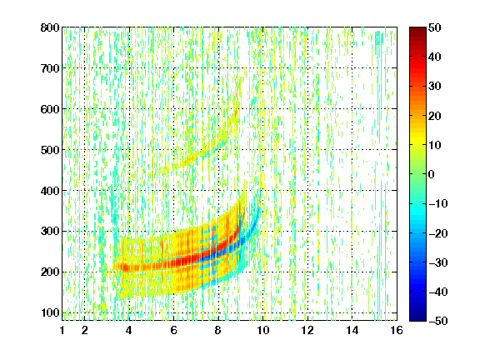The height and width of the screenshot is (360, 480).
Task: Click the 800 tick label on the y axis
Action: [50, 27]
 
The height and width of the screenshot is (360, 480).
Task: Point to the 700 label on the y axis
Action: [50, 68]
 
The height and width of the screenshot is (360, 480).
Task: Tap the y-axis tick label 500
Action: [50, 150]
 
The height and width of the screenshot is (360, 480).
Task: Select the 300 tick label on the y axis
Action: [50, 232]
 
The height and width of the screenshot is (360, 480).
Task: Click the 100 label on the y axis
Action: [50, 312]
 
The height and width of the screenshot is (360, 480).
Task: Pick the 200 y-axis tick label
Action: [50, 272]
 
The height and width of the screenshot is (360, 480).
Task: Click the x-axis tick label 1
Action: [62, 330]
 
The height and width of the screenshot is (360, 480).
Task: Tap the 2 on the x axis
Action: [84, 330]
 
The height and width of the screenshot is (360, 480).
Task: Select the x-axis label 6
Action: [173, 330]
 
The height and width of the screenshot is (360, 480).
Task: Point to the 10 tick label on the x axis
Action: [262, 330]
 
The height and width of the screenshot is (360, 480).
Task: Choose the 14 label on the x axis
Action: [352, 330]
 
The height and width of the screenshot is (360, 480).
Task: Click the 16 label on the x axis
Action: [397, 330]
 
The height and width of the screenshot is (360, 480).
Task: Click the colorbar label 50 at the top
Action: [434, 27]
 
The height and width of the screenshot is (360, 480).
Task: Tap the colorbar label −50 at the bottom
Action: [438, 321]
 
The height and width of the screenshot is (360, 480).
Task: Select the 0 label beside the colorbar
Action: [431, 174]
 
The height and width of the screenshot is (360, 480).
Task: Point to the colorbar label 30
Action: [434, 87]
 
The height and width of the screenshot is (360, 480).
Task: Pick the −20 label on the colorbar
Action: [438, 233]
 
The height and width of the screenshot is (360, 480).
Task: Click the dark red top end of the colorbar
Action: [417, 28]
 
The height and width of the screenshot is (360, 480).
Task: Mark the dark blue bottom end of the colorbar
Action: [417, 319]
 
